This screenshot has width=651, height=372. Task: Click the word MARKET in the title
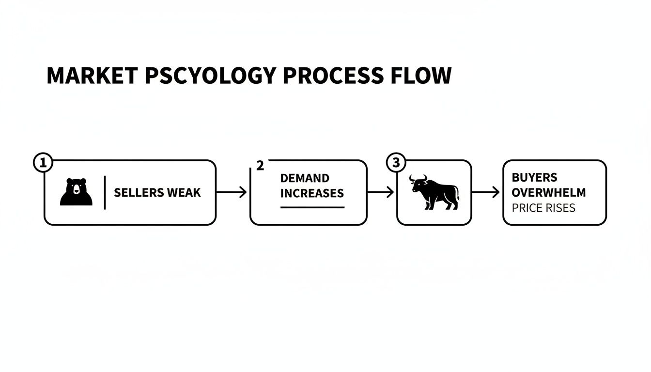(91, 76)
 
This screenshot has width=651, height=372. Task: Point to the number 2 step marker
(260, 166)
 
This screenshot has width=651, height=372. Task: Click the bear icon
(76, 192)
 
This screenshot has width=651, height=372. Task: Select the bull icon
(434, 192)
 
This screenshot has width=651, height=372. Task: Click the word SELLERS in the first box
(138, 193)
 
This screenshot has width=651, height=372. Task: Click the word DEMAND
(305, 178)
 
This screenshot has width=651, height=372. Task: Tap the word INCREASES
(312, 193)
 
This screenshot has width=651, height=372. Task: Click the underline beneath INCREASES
(312, 207)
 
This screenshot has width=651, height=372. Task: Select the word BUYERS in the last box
(534, 177)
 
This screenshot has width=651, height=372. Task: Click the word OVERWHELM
(548, 192)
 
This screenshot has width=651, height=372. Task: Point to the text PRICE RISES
(543, 208)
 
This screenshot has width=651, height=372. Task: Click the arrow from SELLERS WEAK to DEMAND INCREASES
(232, 192)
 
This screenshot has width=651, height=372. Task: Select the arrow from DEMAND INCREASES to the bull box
(381, 192)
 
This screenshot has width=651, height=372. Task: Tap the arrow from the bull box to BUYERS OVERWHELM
(486, 192)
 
